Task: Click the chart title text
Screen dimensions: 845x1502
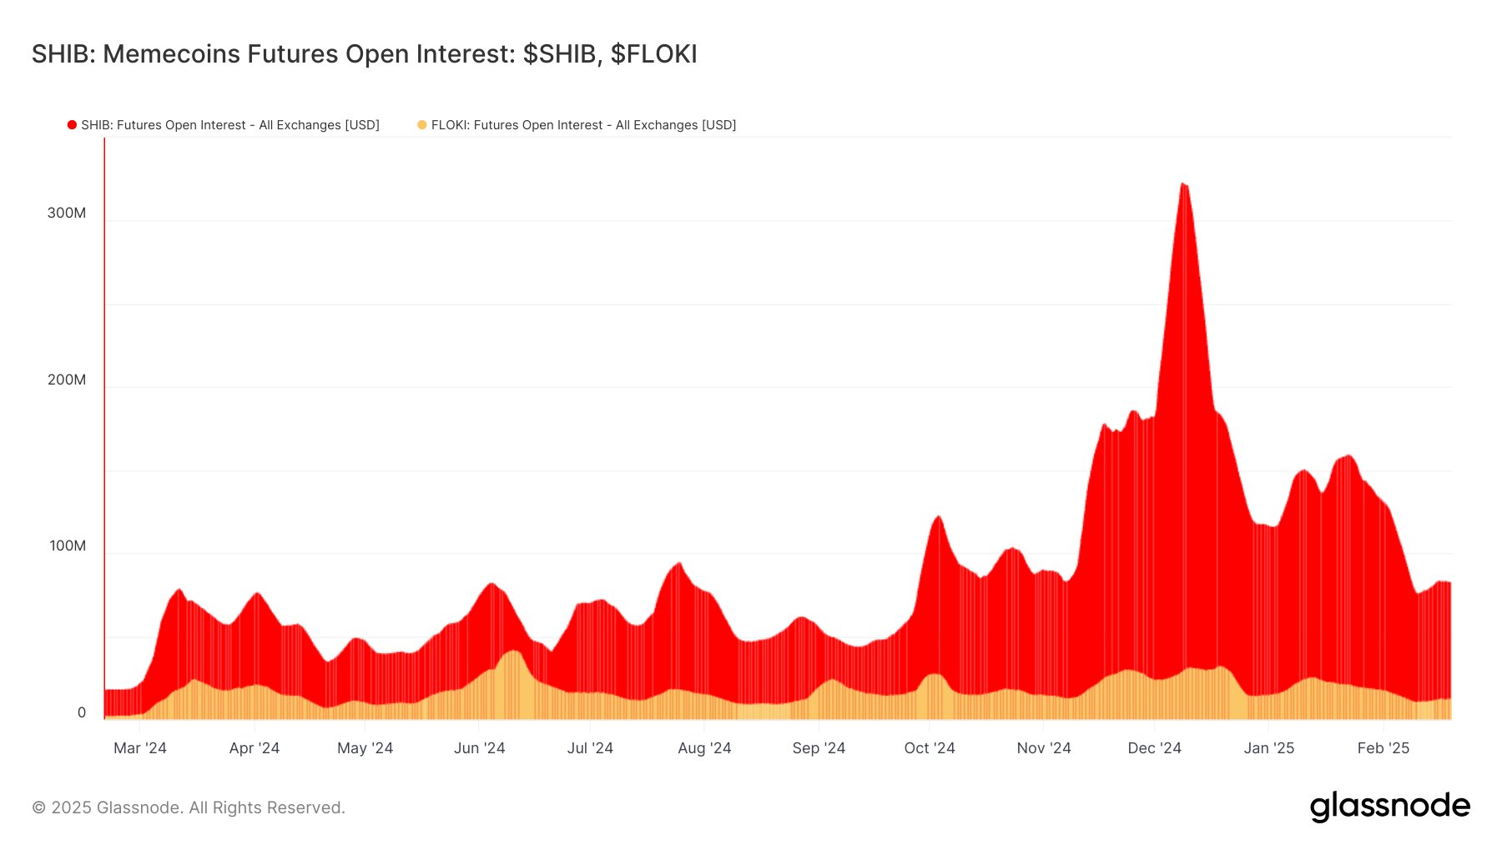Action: [364, 54]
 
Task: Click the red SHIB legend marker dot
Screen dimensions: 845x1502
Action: [73, 125]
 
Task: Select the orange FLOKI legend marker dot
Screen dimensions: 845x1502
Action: [422, 125]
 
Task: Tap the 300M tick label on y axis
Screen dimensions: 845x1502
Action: [67, 213]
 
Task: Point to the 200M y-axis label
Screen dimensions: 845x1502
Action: [67, 380]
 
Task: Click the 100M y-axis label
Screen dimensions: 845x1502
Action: [68, 546]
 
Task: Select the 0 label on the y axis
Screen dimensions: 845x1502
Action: [82, 712]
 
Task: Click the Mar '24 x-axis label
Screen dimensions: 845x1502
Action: [140, 748]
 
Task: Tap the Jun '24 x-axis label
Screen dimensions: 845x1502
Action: [479, 748]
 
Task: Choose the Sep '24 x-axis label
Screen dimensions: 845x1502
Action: [819, 748]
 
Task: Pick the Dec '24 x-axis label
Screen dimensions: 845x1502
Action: [1154, 748]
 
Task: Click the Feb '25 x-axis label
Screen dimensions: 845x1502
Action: [1383, 748]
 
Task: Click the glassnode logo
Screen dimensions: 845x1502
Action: [1389, 807]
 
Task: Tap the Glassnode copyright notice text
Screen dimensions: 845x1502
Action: [189, 807]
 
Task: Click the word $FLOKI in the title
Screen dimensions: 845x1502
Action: [653, 54]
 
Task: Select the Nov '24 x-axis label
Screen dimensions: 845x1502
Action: [1043, 748]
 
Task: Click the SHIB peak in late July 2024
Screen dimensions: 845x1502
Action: [679, 564]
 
